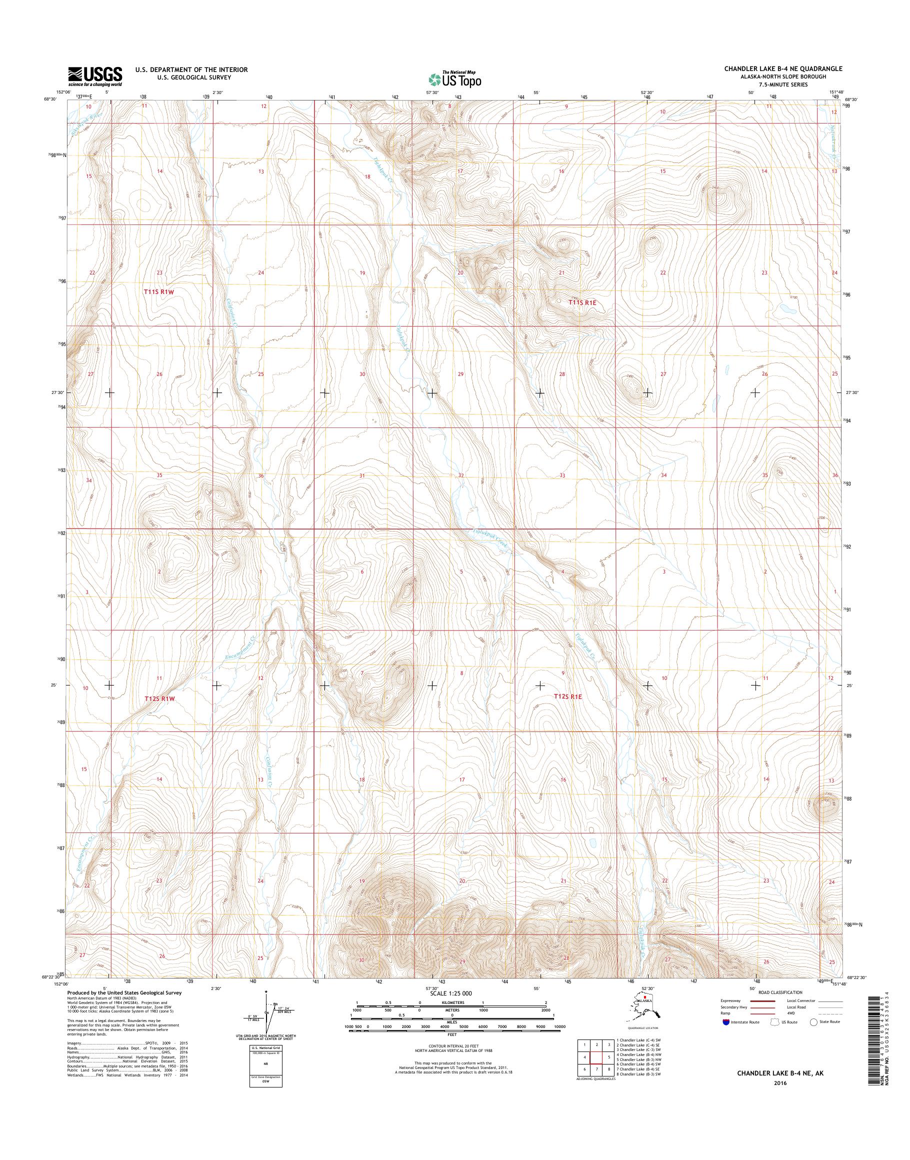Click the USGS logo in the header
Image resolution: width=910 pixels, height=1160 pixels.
click(x=95, y=76)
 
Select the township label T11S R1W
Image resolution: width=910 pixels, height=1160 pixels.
click(x=159, y=292)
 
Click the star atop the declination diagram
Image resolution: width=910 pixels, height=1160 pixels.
click(x=266, y=992)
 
